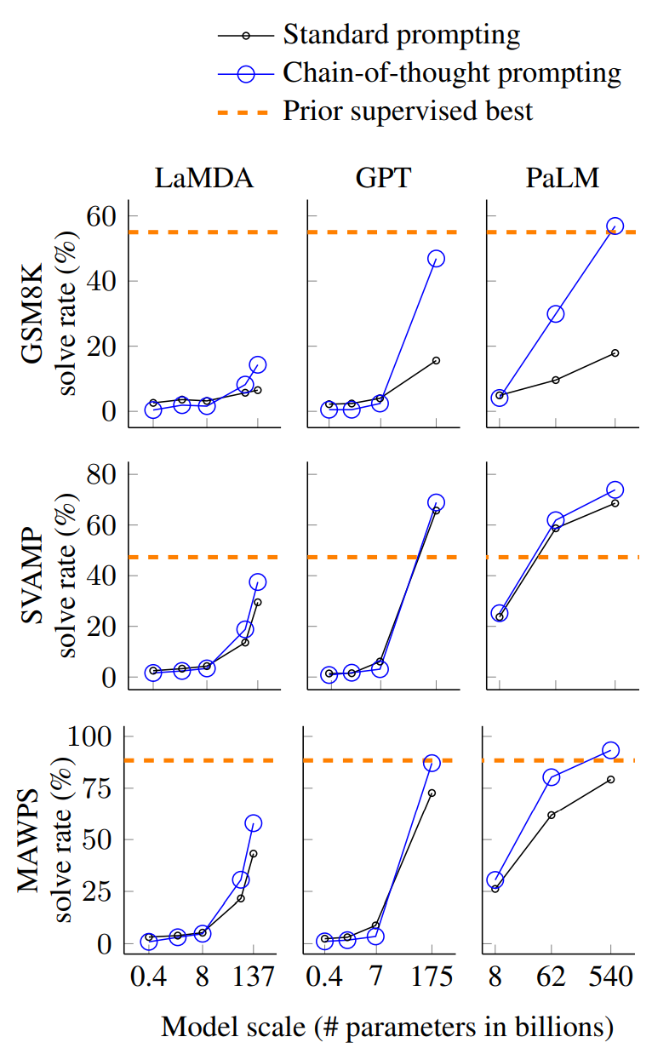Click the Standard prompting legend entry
[369, 35]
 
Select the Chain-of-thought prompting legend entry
[420, 73]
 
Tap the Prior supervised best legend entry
[375, 112]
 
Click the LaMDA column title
[204, 178]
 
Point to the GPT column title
[383, 178]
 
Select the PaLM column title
[563, 178]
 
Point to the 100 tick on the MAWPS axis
[90, 736]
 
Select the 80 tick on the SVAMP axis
[101, 474]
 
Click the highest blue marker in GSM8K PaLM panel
[615, 226]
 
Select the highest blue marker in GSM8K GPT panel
[436, 258]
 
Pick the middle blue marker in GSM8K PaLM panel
[556, 314]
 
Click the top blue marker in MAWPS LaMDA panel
[253, 823]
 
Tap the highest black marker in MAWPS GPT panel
[432, 793]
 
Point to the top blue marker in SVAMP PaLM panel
[615, 490]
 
